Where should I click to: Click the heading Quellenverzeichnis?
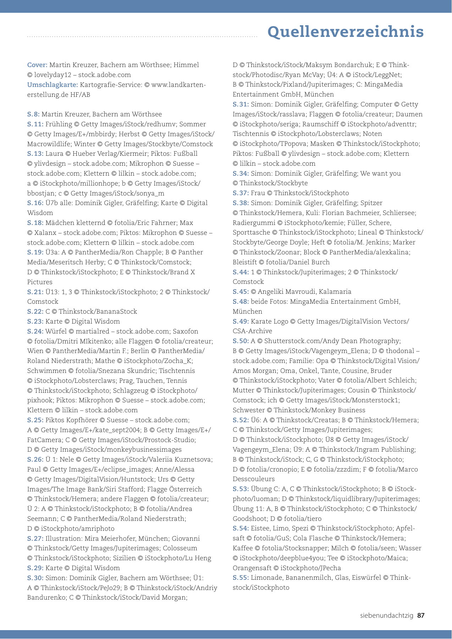pos(346,32)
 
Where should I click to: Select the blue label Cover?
pos(37,65)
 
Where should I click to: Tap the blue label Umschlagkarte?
pos(53,85)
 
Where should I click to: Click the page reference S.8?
pos(33,114)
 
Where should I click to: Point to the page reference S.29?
pos(35,568)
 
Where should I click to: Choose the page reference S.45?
pos(241,292)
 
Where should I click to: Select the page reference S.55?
pos(241,578)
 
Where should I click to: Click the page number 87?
pos(421,616)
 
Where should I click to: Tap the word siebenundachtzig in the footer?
pos(386,616)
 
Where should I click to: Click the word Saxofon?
pos(186,331)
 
